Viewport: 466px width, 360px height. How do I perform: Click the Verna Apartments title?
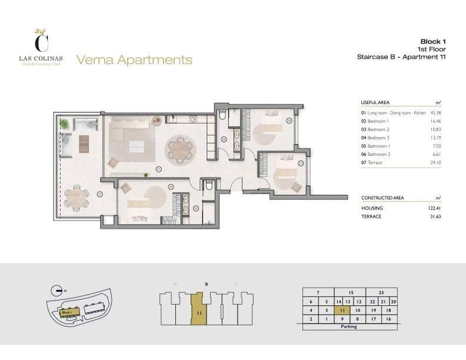134,59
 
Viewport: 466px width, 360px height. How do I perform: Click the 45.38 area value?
436,112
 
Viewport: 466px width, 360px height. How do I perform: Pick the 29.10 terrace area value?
436,162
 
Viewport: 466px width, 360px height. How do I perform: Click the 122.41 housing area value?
434,208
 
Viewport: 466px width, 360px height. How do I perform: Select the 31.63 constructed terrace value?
435,216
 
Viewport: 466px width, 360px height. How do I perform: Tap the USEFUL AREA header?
375,102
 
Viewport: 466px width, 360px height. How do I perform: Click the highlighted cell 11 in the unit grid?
342,310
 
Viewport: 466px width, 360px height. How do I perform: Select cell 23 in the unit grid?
381,292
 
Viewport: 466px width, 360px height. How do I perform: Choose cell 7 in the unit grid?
318,292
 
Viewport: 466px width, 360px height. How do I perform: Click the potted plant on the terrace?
64,124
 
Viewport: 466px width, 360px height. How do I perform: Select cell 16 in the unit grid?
388,319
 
